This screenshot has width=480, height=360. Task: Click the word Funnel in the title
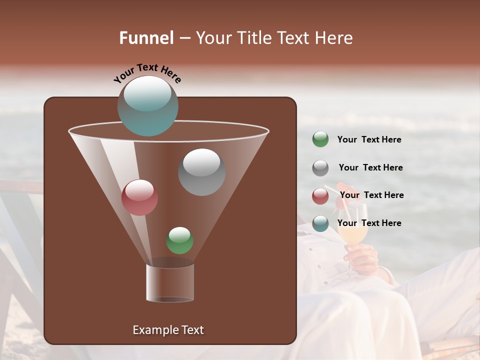146,38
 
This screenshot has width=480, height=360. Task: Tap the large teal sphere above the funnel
147,105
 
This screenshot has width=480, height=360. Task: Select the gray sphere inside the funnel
201,171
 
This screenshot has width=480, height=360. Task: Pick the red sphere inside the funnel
139,197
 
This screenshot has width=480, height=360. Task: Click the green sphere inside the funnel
179,240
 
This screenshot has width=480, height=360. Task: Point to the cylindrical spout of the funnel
170,282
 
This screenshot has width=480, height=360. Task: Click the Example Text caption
168,330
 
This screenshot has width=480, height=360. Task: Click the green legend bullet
320,139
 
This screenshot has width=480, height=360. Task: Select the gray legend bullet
320,167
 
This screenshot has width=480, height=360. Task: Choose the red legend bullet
320,195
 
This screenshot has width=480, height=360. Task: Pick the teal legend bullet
320,223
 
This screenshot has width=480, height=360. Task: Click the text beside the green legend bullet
369,139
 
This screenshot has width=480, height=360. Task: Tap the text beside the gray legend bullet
370,167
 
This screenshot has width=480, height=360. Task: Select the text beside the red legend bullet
371,195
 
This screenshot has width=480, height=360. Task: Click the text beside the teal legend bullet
369,223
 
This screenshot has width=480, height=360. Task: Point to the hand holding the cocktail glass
361,256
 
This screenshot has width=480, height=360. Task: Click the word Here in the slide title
334,38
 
